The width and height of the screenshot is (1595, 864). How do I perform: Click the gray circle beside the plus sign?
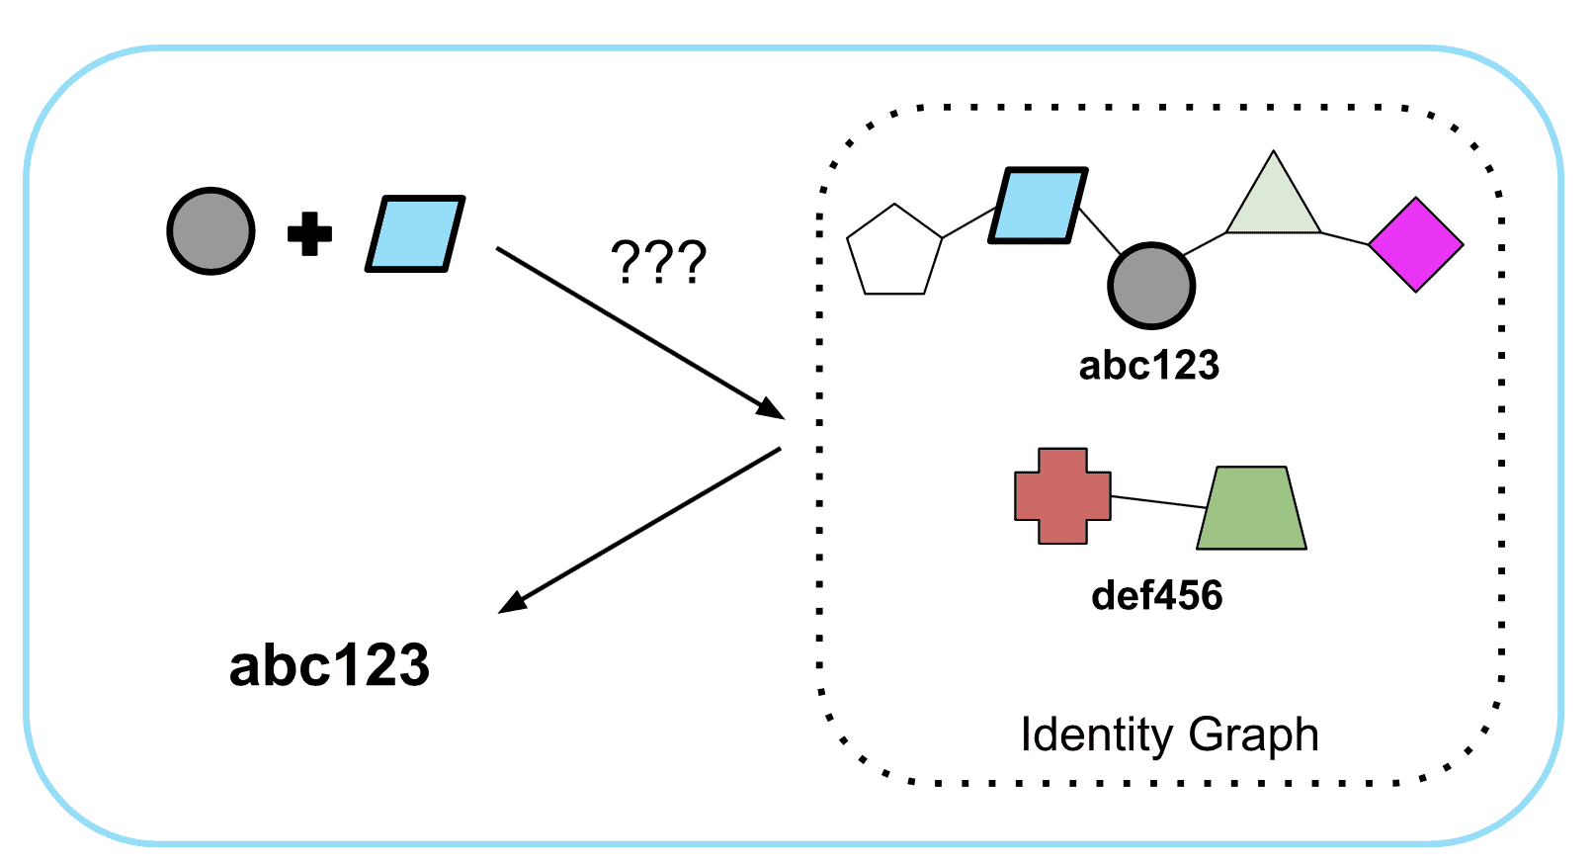210,230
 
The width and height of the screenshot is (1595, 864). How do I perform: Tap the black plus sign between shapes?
309,233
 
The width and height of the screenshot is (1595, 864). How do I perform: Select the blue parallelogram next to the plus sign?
415,233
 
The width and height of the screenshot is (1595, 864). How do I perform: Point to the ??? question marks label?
658,263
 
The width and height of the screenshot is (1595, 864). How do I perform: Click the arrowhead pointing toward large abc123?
512,602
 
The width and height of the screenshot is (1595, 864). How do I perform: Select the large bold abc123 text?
329,665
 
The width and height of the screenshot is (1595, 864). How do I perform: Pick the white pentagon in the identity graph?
894,252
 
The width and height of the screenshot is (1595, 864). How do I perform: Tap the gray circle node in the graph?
1151,286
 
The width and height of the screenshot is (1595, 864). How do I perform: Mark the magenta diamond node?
1416,244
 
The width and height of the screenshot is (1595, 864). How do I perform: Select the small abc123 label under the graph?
1148,366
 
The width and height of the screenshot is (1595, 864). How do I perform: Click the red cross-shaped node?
1062,496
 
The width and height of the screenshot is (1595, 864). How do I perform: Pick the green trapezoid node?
1252,509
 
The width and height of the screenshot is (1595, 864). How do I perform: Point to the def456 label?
1156,596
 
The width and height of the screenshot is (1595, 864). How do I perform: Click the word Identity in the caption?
1096,734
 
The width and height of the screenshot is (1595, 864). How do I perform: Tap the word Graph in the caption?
1254,734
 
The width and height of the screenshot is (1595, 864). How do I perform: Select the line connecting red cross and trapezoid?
1158,501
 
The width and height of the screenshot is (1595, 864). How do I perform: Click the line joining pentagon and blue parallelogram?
968,222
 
